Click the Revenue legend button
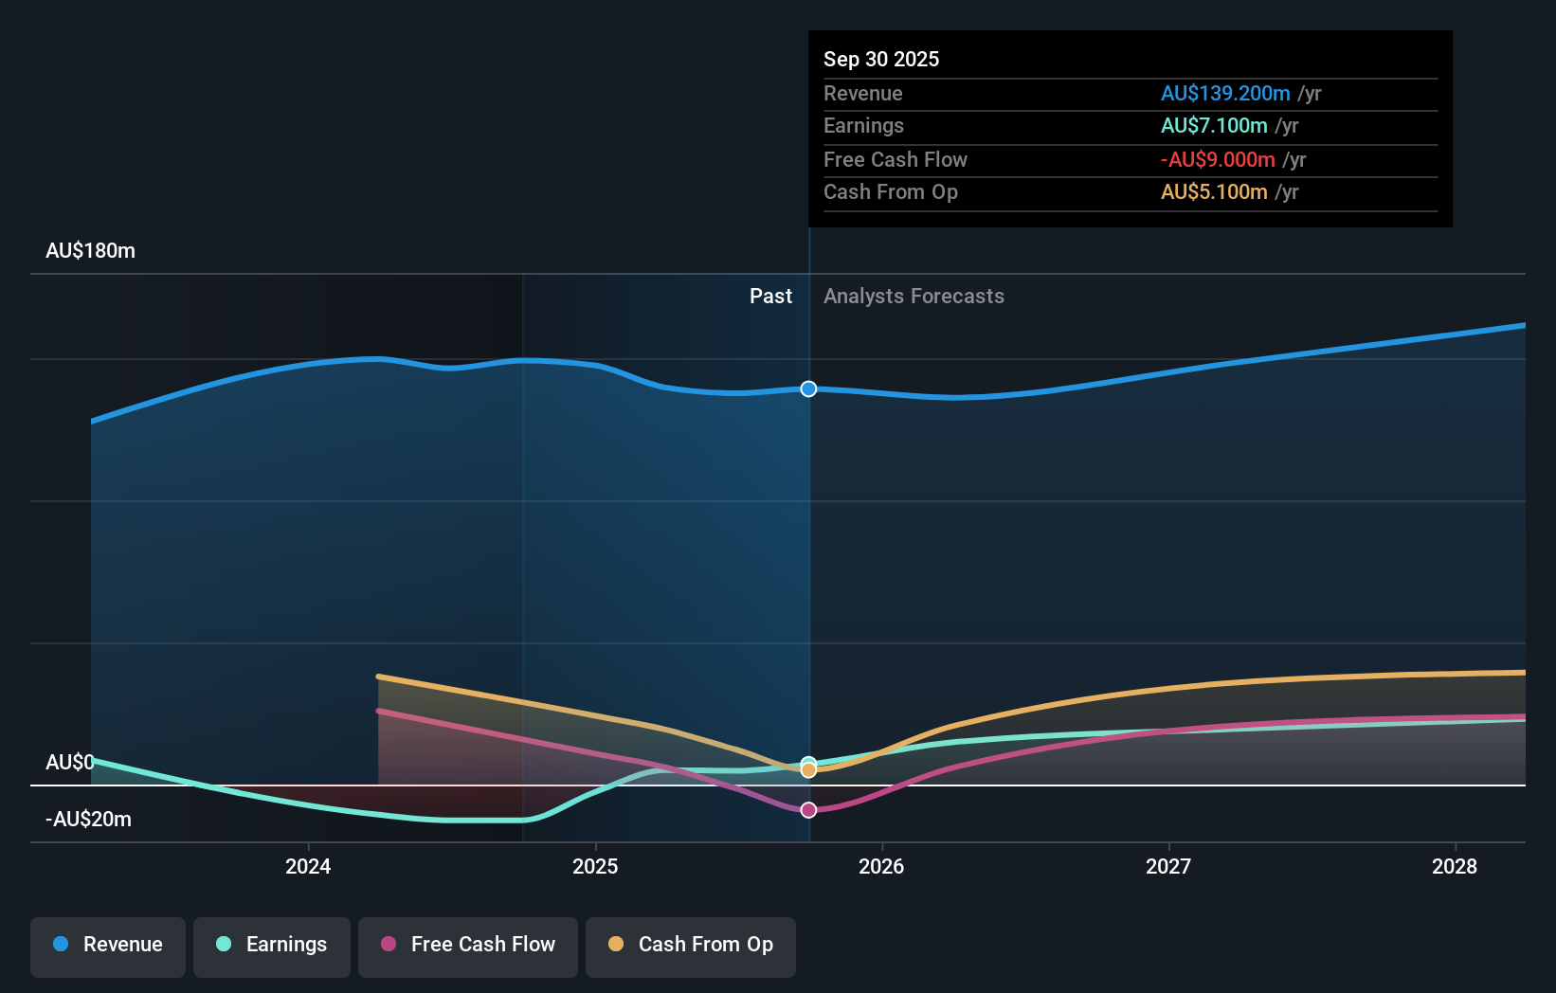[108, 945]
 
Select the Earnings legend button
[272, 945]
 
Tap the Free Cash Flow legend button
[468, 945]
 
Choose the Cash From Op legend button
[691, 945]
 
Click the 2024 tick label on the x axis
[308, 866]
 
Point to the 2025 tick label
[595, 866]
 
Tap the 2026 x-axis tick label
[881, 866]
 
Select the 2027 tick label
[1168, 866]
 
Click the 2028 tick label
[1455, 866]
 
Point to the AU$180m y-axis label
[90, 251]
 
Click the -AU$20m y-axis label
[88, 820]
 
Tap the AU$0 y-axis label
[69, 763]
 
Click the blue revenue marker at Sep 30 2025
[808, 389]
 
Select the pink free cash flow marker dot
[808, 810]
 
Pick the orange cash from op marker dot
[808, 770]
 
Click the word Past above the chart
[770, 297]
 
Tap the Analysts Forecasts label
[914, 297]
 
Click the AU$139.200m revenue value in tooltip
[1225, 94]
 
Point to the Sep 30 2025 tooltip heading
[881, 60]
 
